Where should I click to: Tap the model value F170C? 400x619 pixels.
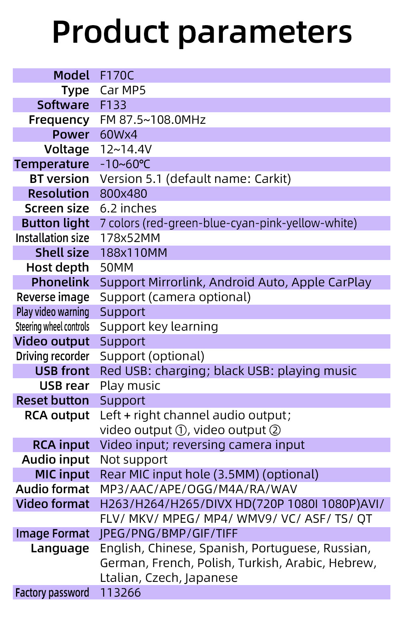[117, 75]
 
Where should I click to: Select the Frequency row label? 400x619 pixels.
[59, 120]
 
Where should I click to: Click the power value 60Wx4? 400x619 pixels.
[118, 135]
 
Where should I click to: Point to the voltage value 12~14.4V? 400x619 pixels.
[126, 149]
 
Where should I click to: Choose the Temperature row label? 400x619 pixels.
[52, 164]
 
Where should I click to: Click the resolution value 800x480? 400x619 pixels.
[123, 194]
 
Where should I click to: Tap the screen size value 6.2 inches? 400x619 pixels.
[128, 208]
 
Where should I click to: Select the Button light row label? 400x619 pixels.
[55, 223]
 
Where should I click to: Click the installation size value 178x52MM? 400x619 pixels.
[130, 238]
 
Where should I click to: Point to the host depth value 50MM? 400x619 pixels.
[116, 268]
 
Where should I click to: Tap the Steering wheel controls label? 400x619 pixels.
[52, 327]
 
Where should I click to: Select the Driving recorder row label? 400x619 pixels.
[52, 356]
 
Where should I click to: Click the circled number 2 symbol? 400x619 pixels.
[275, 431]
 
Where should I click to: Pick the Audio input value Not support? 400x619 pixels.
[134, 460]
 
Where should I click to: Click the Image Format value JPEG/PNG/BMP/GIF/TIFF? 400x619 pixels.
[169, 534]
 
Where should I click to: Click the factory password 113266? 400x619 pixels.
[120, 593]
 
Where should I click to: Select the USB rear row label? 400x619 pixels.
[64, 386]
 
